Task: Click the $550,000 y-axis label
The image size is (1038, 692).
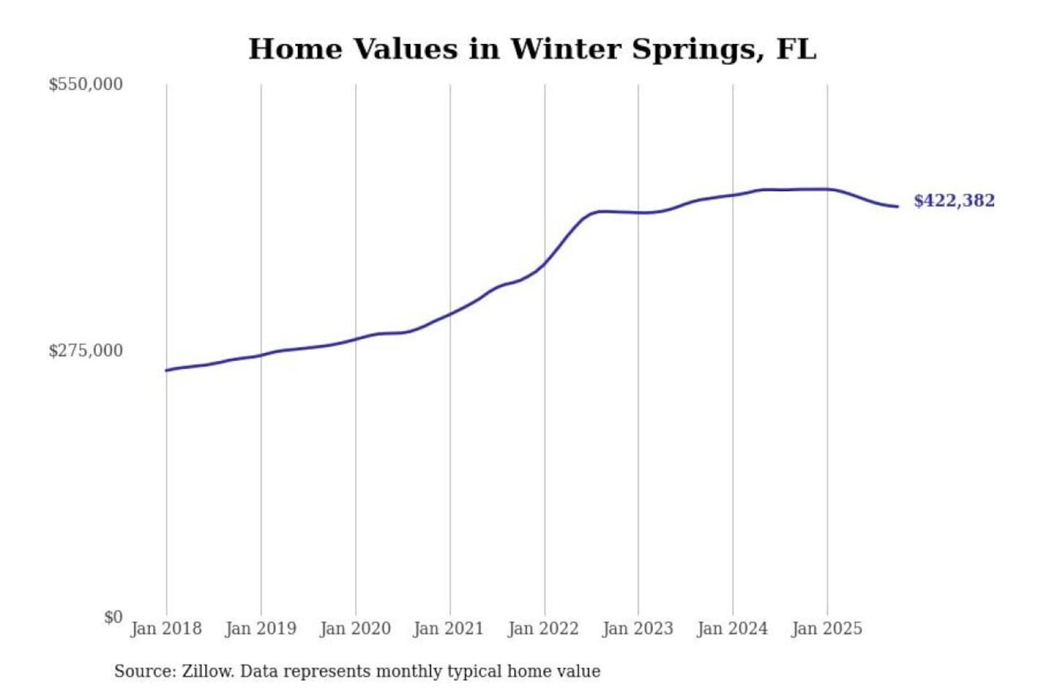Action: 86,84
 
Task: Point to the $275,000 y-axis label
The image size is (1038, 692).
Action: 86,351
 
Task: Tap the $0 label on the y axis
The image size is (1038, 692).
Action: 113,617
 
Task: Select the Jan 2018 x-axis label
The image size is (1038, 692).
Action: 167,629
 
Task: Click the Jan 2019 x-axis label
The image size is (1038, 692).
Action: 261,629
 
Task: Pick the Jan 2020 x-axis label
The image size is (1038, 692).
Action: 355,629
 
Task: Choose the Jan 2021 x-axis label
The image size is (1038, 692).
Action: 448,629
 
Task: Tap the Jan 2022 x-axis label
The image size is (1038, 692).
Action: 544,629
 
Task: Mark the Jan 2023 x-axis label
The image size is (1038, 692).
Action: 638,629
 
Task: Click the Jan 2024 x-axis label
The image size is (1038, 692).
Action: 732,629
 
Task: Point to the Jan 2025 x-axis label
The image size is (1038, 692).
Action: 827,629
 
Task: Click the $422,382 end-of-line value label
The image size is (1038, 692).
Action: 954,200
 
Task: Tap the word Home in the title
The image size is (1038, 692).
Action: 296,49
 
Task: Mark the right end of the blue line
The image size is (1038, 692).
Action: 897,207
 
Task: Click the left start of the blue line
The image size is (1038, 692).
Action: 167,371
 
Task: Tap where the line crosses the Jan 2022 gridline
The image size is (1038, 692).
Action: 545,262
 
